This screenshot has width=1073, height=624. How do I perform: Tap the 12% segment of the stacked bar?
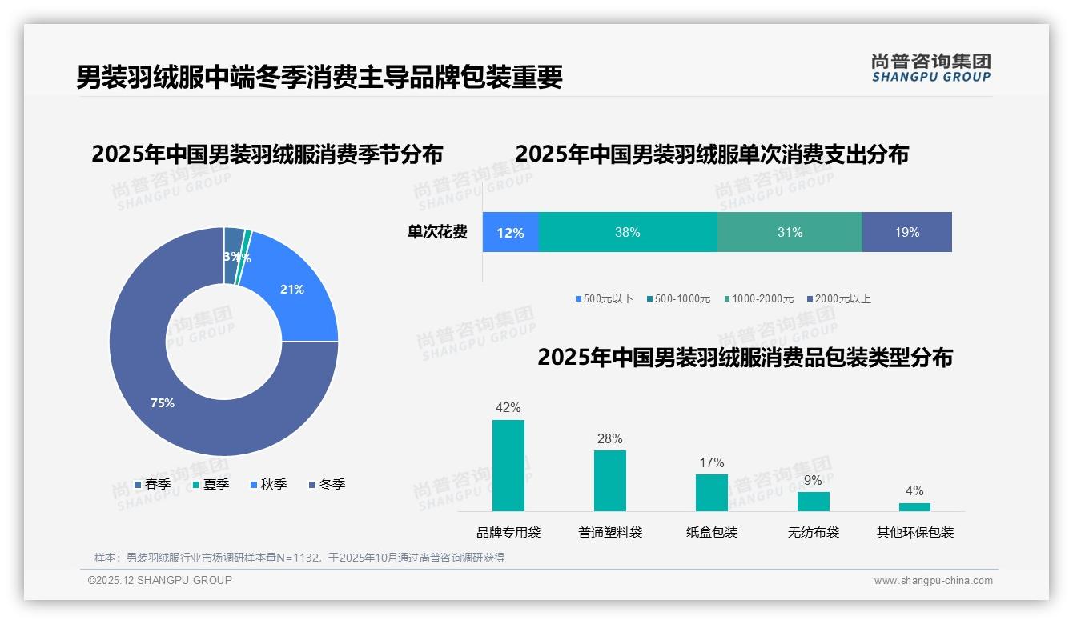click(510, 232)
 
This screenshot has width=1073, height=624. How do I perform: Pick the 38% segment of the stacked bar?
click(628, 232)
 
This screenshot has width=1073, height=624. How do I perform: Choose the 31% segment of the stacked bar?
click(790, 232)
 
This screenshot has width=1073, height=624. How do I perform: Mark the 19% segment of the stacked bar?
click(907, 232)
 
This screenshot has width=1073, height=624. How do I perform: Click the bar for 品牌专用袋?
click(508, 466)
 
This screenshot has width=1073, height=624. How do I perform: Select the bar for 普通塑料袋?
click(610, 481)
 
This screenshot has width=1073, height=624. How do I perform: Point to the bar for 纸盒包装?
click(712, 493)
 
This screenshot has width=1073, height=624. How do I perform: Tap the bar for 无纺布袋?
click(814, 502)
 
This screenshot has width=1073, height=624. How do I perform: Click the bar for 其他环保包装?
click(914, 507)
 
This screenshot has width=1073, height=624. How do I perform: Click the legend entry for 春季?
click(152, 484)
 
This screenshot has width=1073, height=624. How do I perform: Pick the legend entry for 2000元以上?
click(839, 298)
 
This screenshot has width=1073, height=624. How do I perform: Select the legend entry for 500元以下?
click(605, 298)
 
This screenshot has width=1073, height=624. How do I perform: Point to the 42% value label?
click(508, 408)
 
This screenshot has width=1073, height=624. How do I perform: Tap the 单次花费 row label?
click(437, 232)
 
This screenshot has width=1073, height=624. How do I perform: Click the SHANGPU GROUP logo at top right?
click(931, 67)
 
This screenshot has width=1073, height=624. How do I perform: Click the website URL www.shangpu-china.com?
click(933, 581)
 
